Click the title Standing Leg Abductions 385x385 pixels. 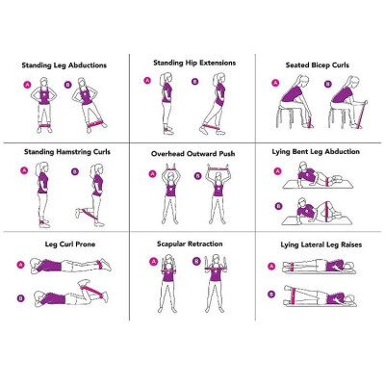pos(64,65)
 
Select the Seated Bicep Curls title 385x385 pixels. pos(318,65)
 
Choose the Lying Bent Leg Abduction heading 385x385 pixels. pos(320,152)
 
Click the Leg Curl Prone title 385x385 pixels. pos(64,244)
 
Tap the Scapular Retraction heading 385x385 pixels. pos(190,244)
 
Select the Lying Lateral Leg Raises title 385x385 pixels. pos(319,244)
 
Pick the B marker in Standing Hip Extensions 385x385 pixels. pos(195,81)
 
